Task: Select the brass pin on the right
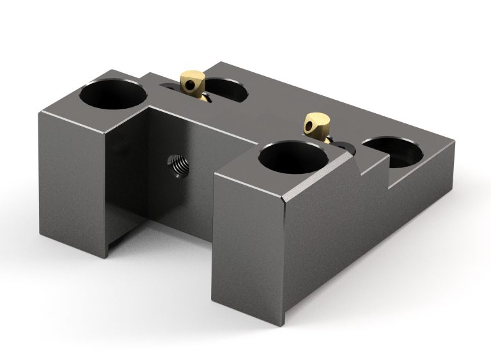click(x=318, y=123)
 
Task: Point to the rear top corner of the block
click(x=221, y=63)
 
